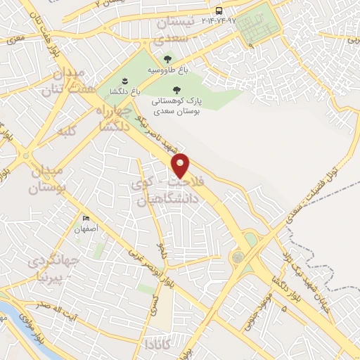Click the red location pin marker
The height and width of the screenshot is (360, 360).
coord(181,165)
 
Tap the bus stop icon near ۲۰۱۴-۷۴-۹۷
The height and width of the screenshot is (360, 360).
coord(219,11)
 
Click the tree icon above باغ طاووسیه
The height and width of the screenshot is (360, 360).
coord(167,59)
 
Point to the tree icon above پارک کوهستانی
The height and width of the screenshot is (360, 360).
coord(176,89)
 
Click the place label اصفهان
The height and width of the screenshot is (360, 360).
coord(86,229)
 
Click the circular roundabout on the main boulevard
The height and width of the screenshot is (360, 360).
coord(238,258)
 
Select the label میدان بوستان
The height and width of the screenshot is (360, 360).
coord(46,179)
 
